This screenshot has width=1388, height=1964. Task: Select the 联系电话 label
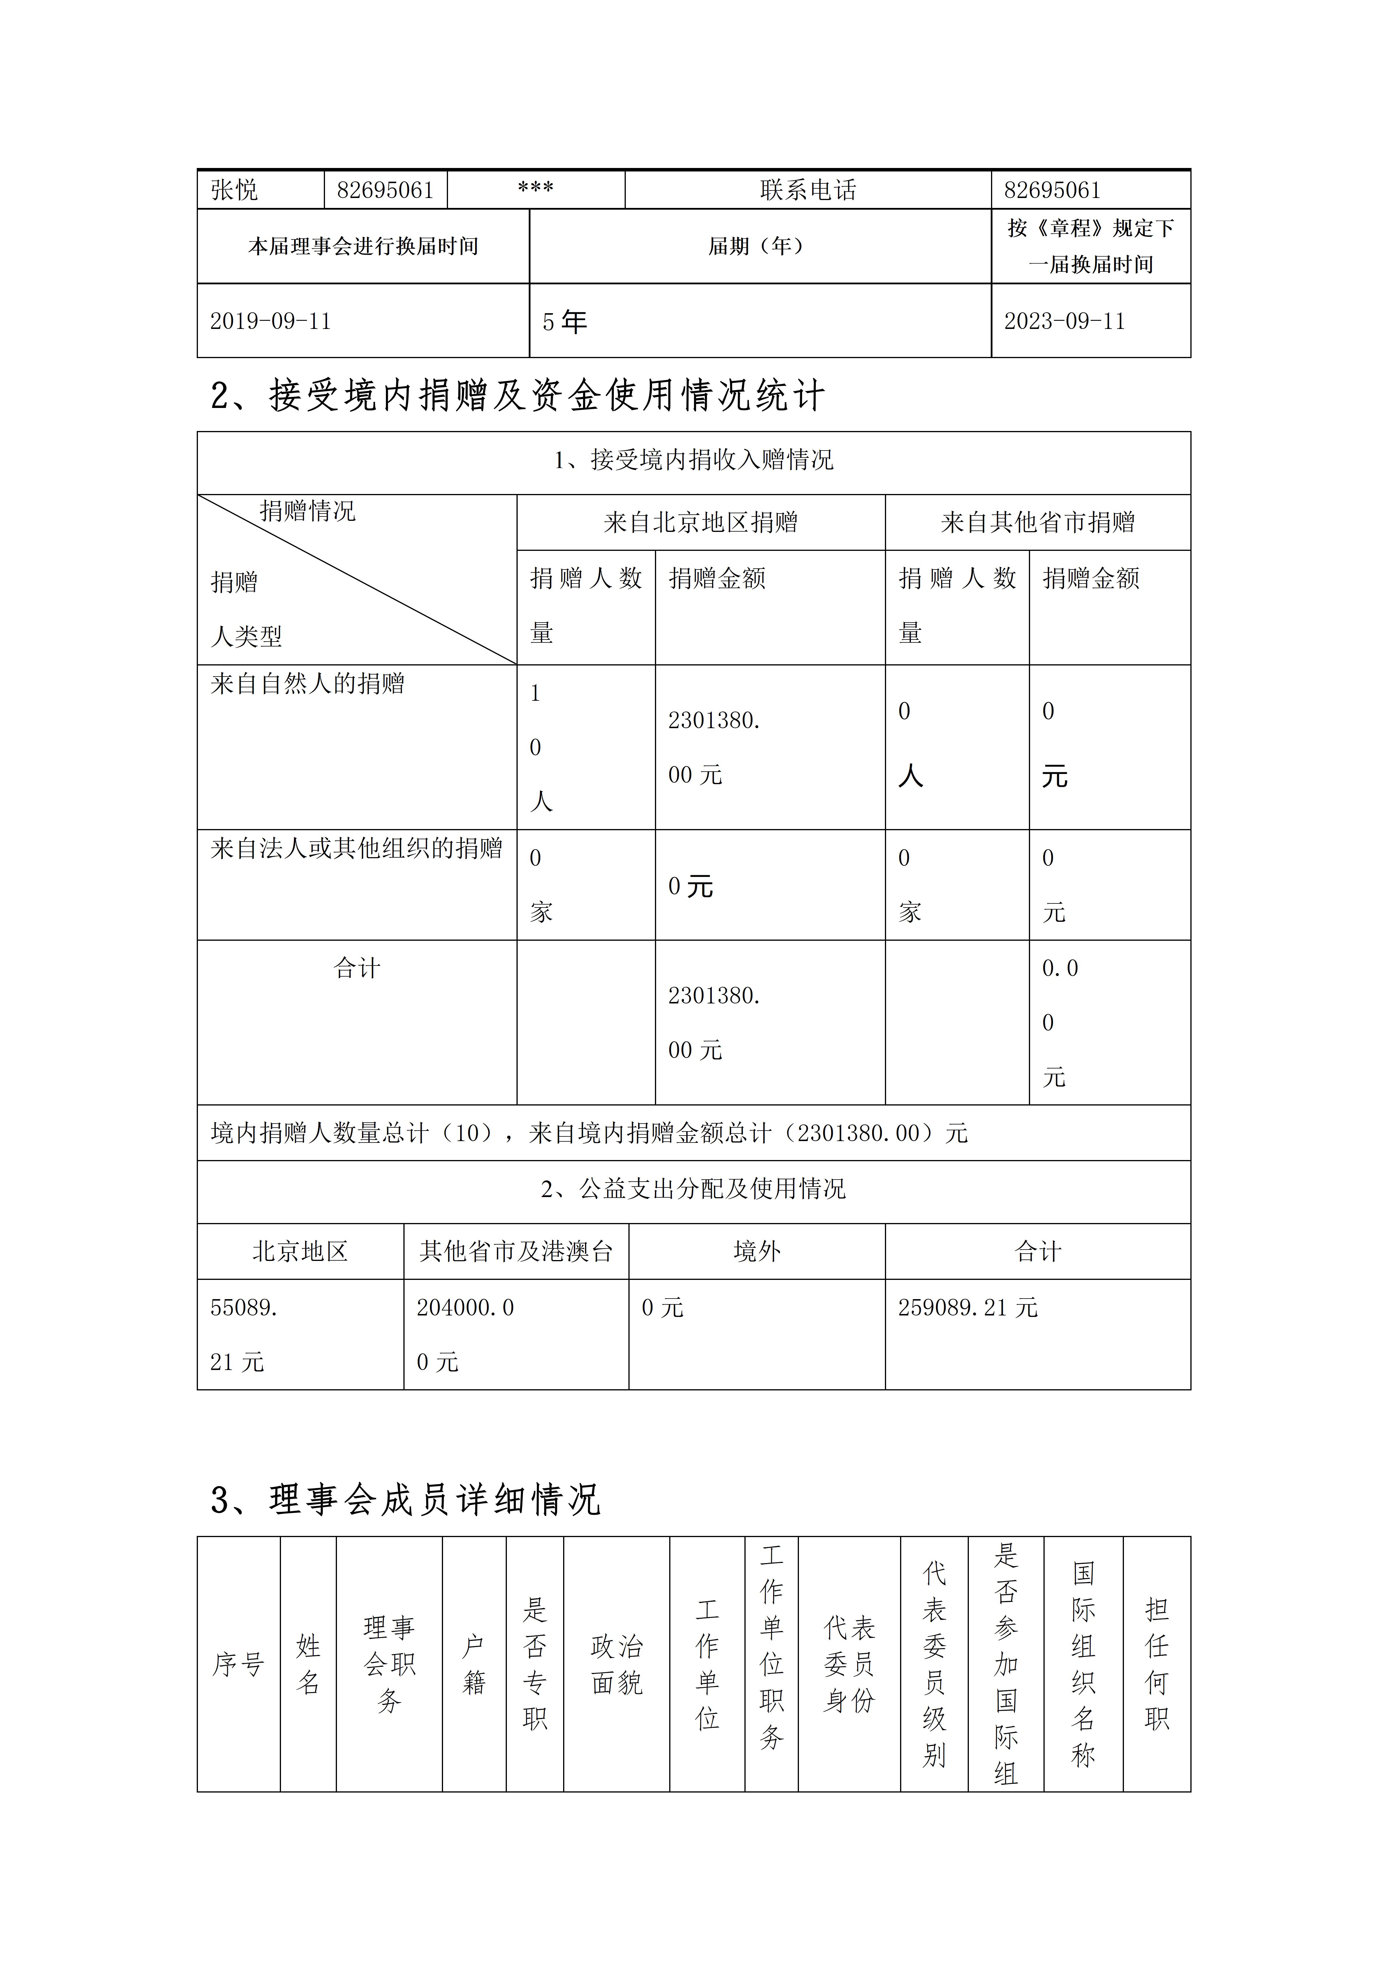(x=807, y=190)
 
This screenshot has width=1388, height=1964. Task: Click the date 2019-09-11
(x=270, y=322)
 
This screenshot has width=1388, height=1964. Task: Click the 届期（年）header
(x=756, y=246)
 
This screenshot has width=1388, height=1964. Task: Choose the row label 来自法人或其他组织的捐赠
(x=356, y=849)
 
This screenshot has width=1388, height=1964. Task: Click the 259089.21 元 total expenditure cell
(x=967, y=1308)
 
